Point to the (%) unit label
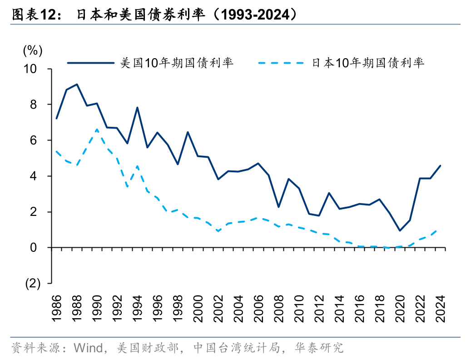click(x=33, y=50)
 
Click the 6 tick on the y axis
click(x=39, y=140)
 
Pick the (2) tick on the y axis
click(x=33, y=283)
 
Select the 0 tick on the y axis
click(x=39, y=248)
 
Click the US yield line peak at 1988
click(x=77, y=84)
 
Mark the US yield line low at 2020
click(x=400, y=230)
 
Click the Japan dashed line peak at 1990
click(x=97, y=130)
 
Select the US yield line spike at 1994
click(x=137, y=108)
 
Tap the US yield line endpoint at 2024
click(x=440, y=165)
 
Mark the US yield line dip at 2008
click(x=278, y=207)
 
